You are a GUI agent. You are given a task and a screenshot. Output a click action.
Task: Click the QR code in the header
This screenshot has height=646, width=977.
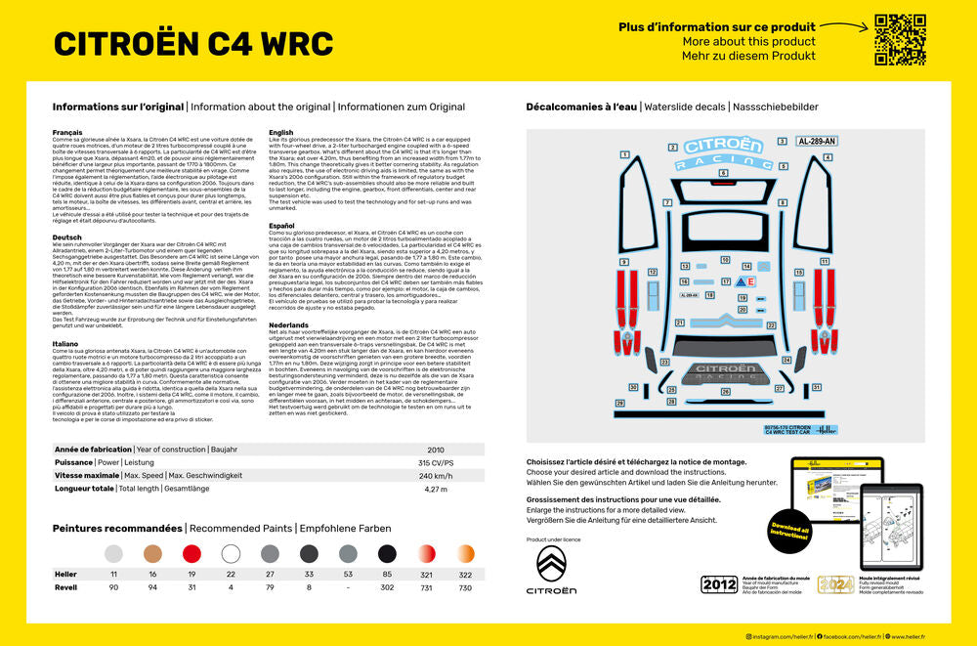900,40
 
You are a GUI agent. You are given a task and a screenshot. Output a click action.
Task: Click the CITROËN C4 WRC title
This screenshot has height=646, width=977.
192,44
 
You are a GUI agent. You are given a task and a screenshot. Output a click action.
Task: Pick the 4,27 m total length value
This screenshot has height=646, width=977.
435,489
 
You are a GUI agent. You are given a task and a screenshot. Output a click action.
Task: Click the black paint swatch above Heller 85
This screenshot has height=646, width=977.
387,553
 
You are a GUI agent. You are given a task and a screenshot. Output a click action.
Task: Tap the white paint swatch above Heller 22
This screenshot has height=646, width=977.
231,553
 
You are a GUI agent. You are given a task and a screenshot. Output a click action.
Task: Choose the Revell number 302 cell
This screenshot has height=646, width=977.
387,587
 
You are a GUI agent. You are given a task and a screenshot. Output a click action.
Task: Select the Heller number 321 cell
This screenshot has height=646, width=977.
426,574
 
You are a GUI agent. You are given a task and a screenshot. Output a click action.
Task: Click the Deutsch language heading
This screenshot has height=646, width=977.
66,237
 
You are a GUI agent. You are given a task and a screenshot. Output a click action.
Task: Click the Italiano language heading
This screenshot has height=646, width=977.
66,343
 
